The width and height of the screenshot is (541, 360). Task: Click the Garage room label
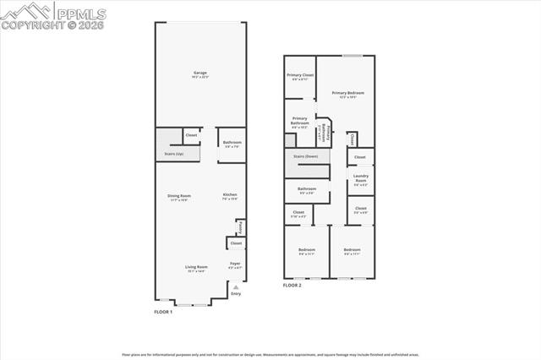coord(200,73)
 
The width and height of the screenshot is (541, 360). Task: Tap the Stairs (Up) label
coord(173,154)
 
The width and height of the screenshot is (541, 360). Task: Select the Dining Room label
coord(178,197)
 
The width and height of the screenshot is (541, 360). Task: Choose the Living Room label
coord(196,268)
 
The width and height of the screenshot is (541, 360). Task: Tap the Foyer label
coord(235,264)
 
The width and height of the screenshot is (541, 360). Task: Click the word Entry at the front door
coord(236,293)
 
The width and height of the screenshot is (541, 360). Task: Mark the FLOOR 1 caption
coord(163,312)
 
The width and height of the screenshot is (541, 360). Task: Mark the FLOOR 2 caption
coord(292,285)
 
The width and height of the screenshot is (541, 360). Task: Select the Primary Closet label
coord(300,76)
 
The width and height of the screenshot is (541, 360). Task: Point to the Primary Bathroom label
coord(300,121)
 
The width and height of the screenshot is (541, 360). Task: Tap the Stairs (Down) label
coord(305,156)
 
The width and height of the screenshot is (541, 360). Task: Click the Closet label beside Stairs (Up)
coord(192,135)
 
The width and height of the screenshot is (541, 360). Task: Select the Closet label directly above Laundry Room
coord(359,156)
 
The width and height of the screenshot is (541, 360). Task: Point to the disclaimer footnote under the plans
coord(270,354)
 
